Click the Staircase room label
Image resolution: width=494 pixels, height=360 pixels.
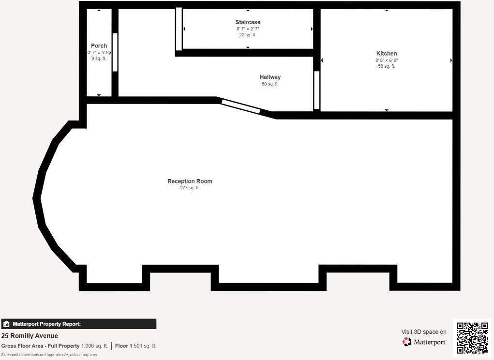coord(248,22)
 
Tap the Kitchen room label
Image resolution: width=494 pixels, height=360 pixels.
coord(387,54)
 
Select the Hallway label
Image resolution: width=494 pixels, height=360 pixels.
coord(270,77)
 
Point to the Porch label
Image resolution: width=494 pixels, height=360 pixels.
coord(99,46)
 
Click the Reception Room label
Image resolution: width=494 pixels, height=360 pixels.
coord(190,181)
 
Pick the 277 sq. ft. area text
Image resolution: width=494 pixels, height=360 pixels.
coord(190,188)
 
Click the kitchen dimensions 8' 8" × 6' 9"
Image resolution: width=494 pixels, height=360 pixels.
coord(387,60)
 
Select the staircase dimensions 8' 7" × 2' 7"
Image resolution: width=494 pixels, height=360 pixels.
coord(248,29)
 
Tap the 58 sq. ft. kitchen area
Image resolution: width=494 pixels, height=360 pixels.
coord(387,67)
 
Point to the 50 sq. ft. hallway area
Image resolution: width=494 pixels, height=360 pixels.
coord(270,84)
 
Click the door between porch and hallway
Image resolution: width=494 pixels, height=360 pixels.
coord(115,52)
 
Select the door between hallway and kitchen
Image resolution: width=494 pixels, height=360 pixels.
coord(317,90)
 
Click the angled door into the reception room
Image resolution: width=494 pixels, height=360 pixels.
coord(240,106)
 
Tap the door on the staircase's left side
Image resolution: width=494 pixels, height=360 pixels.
coord(179,29)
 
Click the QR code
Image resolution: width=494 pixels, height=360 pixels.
coord(472,338)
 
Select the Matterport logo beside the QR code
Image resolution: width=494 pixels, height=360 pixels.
coord(424,342)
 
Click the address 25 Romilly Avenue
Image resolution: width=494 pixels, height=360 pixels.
coord(30,336)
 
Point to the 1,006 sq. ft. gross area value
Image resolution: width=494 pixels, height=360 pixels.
coord(94,346)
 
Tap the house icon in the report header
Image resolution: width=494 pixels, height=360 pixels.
coord(6,324)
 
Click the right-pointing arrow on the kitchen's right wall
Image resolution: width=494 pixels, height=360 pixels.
coord(451,60)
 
